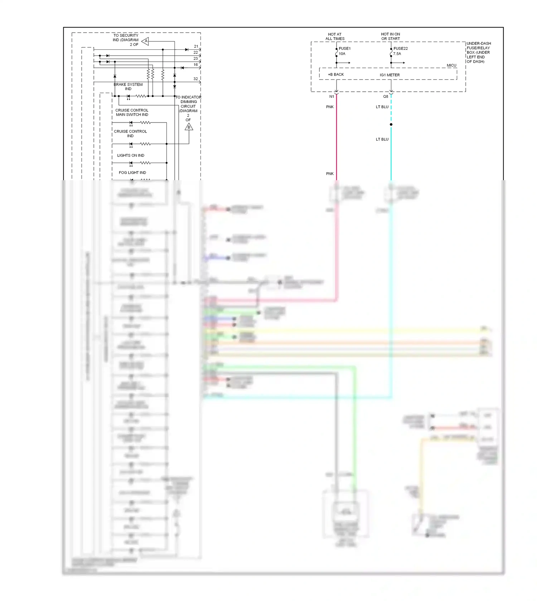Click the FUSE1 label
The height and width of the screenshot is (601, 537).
[x=344, y=48]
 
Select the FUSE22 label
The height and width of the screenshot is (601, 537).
[x=400, y=48]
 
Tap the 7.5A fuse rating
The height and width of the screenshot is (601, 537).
[x=397, y=54]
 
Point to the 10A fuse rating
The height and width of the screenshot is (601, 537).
[x=342, y=54]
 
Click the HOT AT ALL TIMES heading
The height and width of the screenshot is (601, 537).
[x=335, y=37]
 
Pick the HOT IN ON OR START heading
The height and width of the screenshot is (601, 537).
[x=390, y=37]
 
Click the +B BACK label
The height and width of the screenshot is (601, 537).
[x=336, y=74]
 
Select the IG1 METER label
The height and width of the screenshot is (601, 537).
[x=390, y=75]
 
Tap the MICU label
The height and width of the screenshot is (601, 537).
[x=451, y=65]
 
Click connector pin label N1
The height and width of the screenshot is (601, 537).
[x=332, y=96]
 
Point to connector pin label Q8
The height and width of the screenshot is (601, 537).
[x=386, y=96]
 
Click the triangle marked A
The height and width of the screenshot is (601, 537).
[x=145, y=41]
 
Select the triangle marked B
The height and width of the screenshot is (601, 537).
[x=189, y=127]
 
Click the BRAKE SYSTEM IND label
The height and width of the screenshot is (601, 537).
[x=128, y=87]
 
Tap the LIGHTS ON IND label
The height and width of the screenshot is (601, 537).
[x=131, y=155]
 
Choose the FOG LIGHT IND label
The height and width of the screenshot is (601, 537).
[x=132, y=173]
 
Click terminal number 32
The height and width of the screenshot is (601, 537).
[x=195, y=79]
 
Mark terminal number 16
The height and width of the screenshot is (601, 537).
[x=195, y=65]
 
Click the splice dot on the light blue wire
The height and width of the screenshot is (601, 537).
[x=391, y=125]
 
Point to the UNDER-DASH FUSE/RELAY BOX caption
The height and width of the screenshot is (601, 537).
[x=478, y=52]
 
